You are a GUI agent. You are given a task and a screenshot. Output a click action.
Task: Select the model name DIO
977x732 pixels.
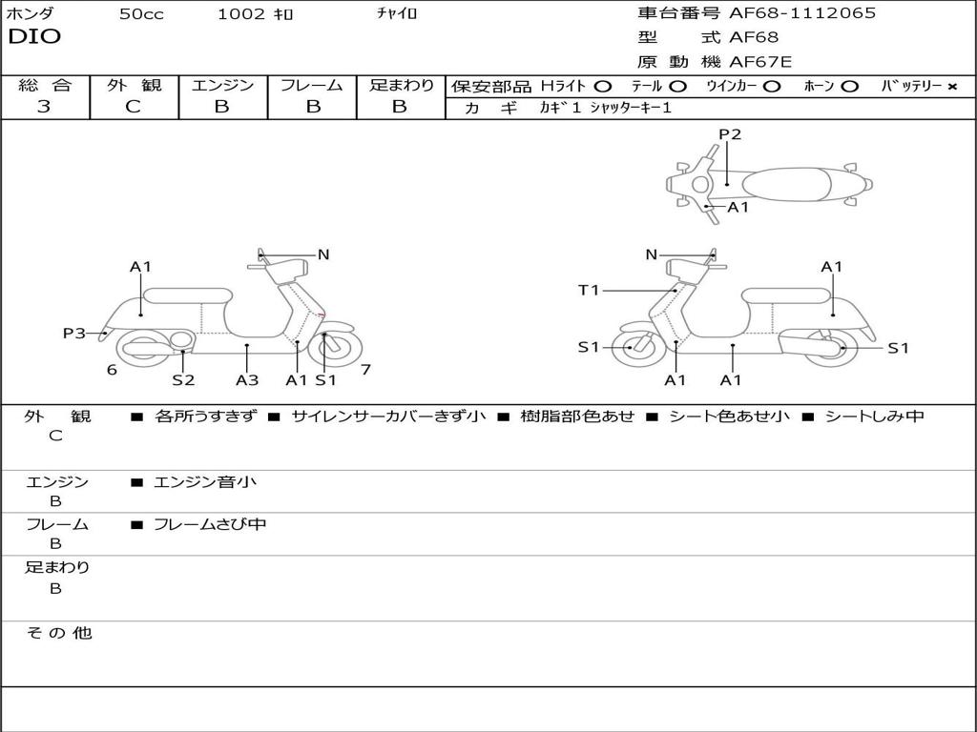34,37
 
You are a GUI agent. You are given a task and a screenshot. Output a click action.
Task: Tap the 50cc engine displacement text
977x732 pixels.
141,14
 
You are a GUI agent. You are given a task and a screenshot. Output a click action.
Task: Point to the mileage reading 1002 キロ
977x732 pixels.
256,14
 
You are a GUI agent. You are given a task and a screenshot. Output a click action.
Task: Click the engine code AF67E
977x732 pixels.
760,63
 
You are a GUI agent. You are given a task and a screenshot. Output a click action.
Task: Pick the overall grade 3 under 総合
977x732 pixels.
44,107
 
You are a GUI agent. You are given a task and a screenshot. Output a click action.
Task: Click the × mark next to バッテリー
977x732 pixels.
952,87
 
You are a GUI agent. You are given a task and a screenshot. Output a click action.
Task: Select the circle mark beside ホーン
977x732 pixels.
849,87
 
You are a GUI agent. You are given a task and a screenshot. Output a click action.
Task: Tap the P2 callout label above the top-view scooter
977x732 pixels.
730,134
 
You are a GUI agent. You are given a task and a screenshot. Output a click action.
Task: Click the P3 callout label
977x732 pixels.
74,334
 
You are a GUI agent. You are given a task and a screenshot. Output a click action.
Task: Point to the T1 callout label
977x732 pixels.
589,290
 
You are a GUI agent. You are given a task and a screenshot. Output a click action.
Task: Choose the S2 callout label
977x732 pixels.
183,380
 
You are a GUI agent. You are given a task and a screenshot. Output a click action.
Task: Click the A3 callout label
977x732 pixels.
247,380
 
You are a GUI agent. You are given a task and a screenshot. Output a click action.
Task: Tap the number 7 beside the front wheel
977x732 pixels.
365,370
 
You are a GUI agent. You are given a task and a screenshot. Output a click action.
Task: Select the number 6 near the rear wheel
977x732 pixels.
112,370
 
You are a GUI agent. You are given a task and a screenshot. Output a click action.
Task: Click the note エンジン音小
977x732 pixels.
204,482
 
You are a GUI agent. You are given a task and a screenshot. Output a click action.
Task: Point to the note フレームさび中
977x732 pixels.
210,524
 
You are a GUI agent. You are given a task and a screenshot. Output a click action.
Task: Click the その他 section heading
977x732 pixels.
59,633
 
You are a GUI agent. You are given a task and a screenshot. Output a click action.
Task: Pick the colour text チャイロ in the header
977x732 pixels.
397,14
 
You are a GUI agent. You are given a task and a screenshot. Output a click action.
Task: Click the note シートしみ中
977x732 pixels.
874,417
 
